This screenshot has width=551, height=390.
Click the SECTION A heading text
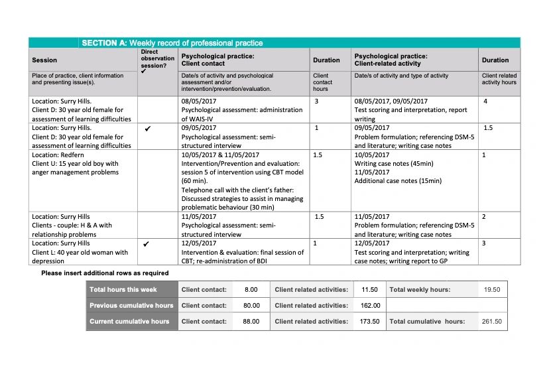pyautogui.click(x=172, y=43)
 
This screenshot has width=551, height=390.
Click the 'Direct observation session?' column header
pyautogui.click(x=157, y=59)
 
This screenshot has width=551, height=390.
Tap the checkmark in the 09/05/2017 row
pyautogui.click(x=147, y=128)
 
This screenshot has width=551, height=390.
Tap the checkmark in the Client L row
pyautogui.click(x=147, y=243)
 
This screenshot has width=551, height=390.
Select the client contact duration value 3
pyautogui.click(x=317, y=101)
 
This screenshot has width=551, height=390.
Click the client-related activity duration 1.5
pyautogui.click(x=488, y=128)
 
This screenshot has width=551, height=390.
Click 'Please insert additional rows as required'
pyautogui.click(x=105, y=273)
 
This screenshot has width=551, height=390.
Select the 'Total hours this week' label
pyautogui.click(x=123, y=289)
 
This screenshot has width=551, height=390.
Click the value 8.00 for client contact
pyautogui.click(x=251, y=289)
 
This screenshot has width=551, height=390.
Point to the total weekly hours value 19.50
pyautogui.click(x=491, y=289)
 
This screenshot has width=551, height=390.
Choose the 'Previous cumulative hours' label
pyautogui.click(x=131, y=305)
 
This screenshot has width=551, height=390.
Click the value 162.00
pyautogui.click(x=370, y=305)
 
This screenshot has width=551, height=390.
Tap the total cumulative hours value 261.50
pyautogui.click(x=491, y=321)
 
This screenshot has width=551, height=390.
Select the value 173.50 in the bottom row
pyautogui.click(x=370, y=321)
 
